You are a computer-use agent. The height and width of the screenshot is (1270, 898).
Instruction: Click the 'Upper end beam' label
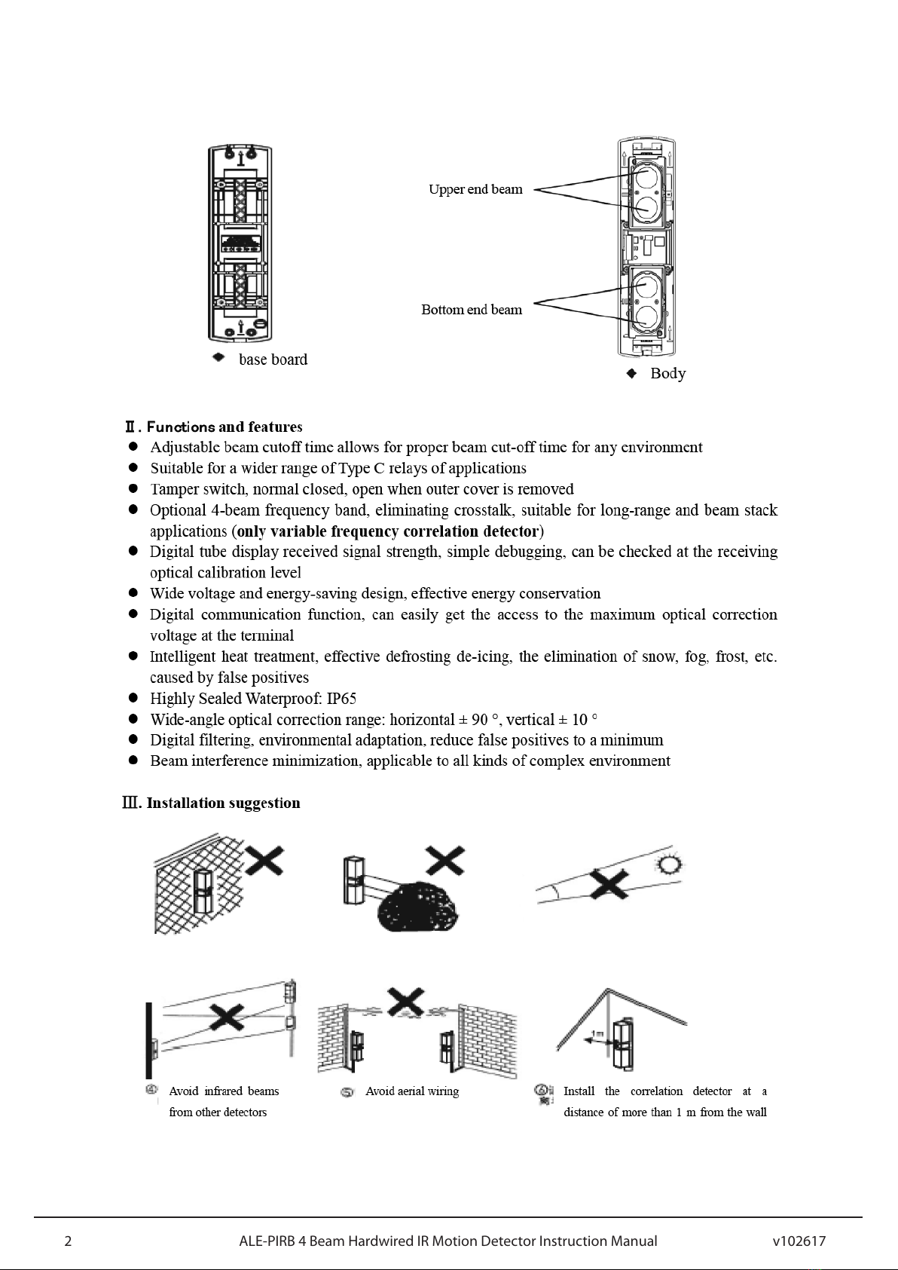tap(475, 189)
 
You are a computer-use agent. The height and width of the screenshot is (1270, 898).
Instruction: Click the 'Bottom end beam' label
tap(472, 310)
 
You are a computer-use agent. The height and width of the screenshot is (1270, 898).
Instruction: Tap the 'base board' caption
tap(273, 360)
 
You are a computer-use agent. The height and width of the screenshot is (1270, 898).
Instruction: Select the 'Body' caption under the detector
tap(667, 373)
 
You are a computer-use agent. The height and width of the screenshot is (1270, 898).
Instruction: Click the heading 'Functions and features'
tap(225, 427)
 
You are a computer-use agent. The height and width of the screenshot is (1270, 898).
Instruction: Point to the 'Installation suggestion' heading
tap(223, 803)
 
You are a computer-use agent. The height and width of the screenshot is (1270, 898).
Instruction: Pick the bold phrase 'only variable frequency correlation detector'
tap(388, 531)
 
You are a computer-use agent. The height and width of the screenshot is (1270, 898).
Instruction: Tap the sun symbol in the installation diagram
tap(667, 866)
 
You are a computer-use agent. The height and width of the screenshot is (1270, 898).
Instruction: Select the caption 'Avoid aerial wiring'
tap(412, 1091)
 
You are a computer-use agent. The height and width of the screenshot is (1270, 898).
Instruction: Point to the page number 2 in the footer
tap(68, 1241)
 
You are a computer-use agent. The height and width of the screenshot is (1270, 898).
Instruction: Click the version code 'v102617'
tap(799, 1241)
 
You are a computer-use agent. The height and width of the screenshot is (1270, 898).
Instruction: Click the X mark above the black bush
tap(444, 859)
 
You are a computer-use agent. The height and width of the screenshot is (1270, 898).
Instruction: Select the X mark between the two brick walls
tap(405, 1001)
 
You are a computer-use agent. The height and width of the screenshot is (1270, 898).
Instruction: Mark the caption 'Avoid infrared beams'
tap(224, 1091)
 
